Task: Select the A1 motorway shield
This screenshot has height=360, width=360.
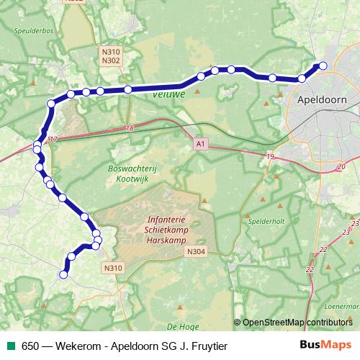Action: [199, 145]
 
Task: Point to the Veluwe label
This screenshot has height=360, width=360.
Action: [169, 94]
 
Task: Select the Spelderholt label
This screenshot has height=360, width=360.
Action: [266, 222]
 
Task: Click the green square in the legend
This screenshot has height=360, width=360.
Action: [11, 346]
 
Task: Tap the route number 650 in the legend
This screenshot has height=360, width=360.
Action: [30, 346]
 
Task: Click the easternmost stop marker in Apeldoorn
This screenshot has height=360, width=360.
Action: [323, 66]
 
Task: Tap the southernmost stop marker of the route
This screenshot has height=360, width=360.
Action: [63, 274]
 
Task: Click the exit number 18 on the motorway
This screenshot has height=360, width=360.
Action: [130, 128]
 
